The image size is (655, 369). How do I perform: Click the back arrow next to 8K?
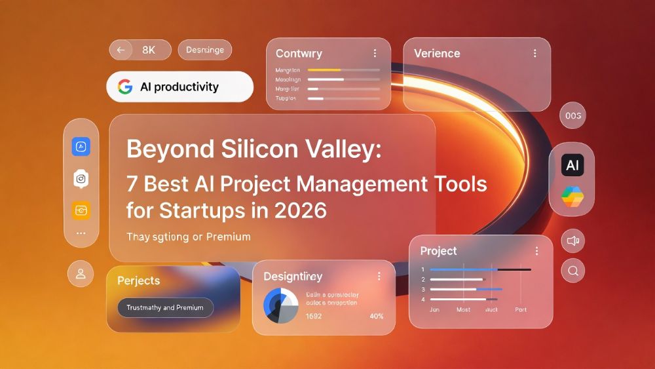121,50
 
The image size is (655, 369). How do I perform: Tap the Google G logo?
125,87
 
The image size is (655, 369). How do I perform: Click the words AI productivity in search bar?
179,87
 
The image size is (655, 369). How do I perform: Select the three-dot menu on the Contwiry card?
375,53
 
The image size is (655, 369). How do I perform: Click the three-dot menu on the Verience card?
535,53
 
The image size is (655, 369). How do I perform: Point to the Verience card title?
437,53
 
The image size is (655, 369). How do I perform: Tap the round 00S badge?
572,115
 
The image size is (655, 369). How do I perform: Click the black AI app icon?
572,165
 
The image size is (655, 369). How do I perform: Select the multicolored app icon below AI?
572,196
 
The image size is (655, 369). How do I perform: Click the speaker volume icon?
573,241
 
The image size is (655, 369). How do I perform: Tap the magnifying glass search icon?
573,270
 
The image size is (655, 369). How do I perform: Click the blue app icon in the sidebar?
81,147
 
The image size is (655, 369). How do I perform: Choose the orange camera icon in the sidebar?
81,210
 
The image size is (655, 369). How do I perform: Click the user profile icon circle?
81,273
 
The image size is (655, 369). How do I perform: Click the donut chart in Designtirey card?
281,305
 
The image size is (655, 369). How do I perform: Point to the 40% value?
377,316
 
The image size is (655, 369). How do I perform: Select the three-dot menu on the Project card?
536,251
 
